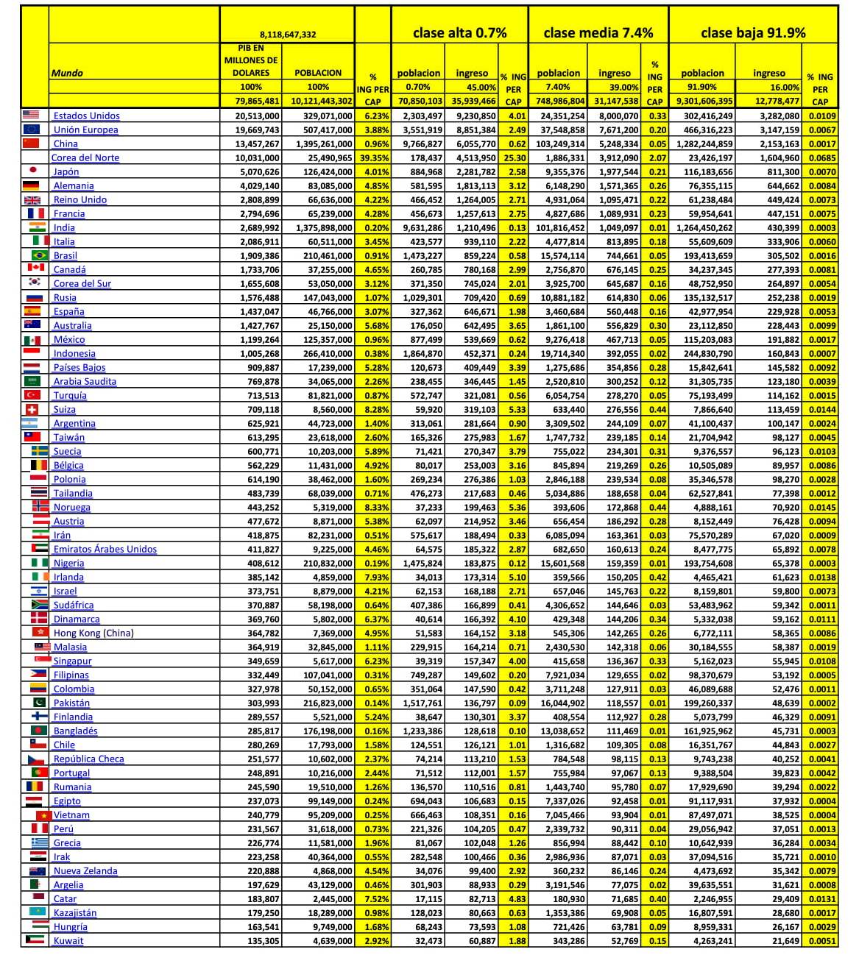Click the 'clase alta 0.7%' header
click(459, 33)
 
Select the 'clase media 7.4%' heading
click(598, 33)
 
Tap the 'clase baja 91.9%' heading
click(752, 33)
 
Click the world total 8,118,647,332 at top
click(288, 35)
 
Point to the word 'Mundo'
click(67, 73)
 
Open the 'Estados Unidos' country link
click(86, 116)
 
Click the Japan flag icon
click(32, 171)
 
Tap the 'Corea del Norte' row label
click(85, 157)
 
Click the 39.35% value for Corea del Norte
click(374, 157)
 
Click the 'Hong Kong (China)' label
click(93, 633)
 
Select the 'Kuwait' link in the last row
click(68, 940)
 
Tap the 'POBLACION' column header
click(318, 73)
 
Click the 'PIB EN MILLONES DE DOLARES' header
click(251, 60)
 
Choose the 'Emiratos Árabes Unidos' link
click(105, 549)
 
